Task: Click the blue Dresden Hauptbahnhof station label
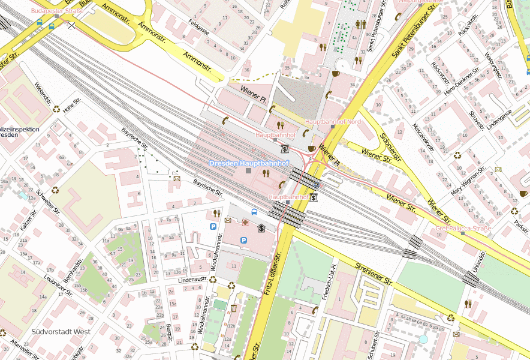[249, 163]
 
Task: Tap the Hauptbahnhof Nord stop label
[333, 122]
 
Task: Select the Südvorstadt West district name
[60, 331]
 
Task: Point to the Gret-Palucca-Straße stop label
[463, 229]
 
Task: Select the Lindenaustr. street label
[193, 280]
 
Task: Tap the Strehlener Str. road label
[374, 273]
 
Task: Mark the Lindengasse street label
[499, 118]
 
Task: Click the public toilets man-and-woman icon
[361, 24]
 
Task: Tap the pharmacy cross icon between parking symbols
[245, 223]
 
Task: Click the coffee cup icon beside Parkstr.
[523, 193]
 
